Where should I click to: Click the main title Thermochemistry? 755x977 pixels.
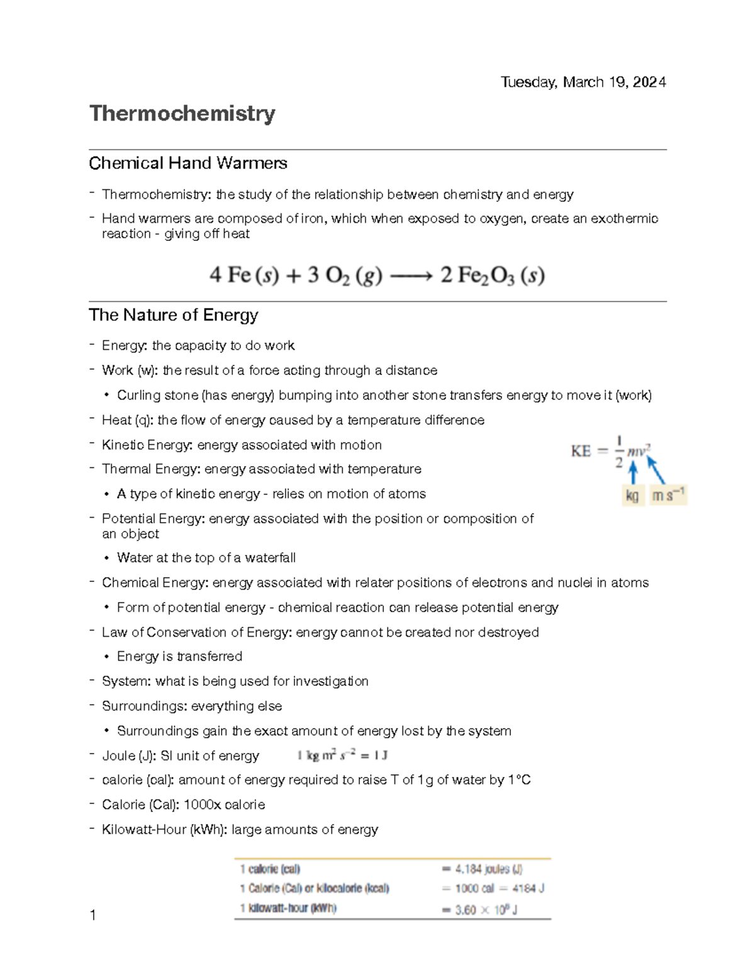[x=182, y=114]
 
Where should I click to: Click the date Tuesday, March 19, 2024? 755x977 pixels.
[x=583, y=82]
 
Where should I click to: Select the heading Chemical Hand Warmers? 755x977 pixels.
[x=187, y=164]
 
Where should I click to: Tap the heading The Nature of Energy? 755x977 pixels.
[x=174, y=315]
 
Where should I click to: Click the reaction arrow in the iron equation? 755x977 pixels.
[x=411, y=276]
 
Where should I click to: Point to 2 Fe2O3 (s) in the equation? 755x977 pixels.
[x=492, y=276]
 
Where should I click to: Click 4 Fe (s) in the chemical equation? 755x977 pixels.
[x=243, y=276]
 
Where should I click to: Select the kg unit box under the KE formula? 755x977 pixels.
[x=632, y=496]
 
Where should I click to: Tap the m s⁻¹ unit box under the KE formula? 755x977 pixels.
[x=668, y=496]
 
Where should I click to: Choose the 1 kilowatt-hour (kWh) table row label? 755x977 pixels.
[x=288, y=908]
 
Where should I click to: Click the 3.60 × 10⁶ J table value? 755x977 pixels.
[x=486, y=910]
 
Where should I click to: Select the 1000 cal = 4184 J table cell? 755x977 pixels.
[x=499, y=889]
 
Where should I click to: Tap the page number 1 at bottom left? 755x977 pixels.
[x=93, y=916]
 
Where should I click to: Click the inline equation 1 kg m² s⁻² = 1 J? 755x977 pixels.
[x=342, y=756]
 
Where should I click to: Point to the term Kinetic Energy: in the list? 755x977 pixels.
[x=147, y=445]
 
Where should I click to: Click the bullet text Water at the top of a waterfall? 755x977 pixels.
[x=206, y=558]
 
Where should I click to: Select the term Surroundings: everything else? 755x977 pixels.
[x=192, y=706]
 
